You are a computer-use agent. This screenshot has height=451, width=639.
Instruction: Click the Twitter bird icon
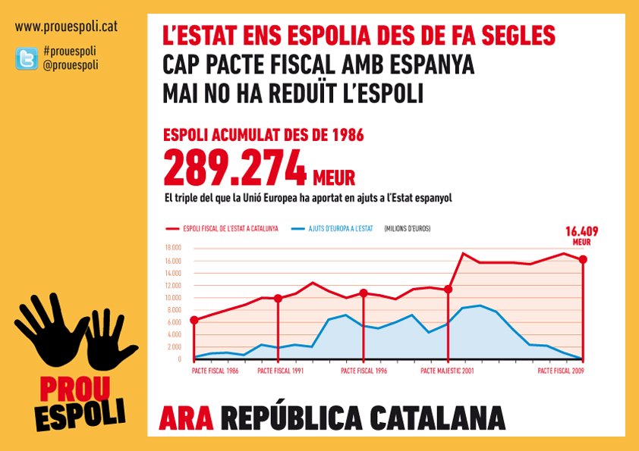point(27,59)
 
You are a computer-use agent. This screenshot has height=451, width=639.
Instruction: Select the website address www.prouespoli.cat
point(66,28)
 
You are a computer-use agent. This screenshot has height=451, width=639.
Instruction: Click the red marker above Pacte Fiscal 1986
point(194,321)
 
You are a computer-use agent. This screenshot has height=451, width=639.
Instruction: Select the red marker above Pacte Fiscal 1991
point(278,299)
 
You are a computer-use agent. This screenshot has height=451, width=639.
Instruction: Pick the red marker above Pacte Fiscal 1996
point(364,293)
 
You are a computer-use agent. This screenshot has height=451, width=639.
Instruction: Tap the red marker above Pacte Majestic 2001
point(448,290)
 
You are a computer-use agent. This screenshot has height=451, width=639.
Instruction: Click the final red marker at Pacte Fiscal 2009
point(583,260)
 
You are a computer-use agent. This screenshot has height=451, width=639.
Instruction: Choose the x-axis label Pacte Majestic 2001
point(448,371)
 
